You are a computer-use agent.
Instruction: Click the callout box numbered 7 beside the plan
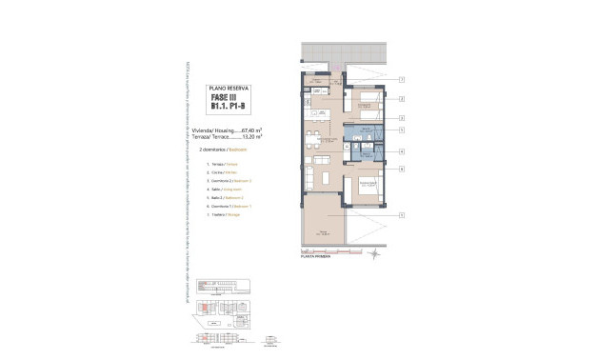pyautogui.click(x=403, y=80)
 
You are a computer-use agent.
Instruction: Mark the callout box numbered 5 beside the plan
pyautogui.click(x=403, y=130)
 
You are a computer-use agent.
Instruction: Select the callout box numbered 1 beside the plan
pyautogui.click(x=403, y=215)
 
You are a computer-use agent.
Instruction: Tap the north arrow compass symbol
pyautogui.click(x=375, y=254)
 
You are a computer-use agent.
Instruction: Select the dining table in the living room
pyautogui.click(x=323, y=158)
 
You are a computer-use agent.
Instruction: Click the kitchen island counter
pyautogui.click(x=315, y=129)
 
